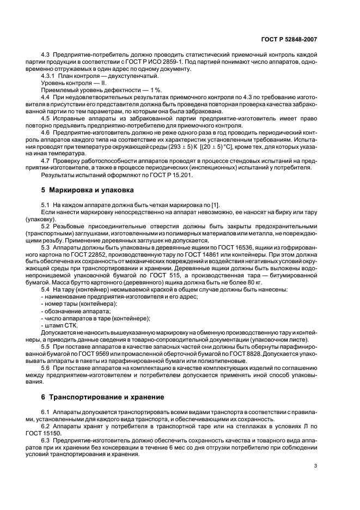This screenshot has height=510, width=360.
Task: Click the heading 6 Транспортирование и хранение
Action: pos(101,397)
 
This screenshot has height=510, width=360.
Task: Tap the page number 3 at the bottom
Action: pos(315,466)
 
